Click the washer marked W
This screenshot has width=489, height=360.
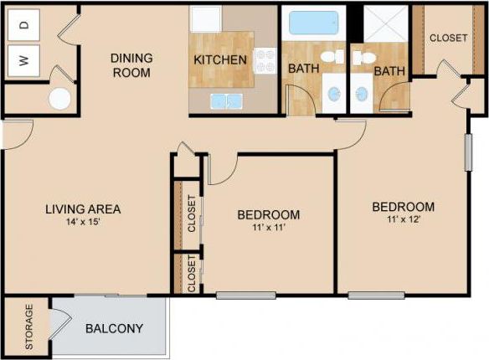click(24, 60)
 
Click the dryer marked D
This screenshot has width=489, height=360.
click(24, 24)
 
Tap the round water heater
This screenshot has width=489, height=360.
click(60, 99)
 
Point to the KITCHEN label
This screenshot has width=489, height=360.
click(220, 60)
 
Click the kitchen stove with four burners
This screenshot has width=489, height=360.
click(265, 60)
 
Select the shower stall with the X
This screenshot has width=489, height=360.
click(386, 23)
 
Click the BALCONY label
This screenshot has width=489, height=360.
click(114, 328)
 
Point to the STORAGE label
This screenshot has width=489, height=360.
click(30, 327)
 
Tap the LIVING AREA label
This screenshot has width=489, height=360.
click(83, 208)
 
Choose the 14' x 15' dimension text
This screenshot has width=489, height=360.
click(83, 223)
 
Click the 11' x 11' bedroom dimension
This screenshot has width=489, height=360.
click(268, 228)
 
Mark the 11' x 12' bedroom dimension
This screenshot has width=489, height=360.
click(403, 219)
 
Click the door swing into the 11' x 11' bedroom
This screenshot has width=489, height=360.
click(220, 169)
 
